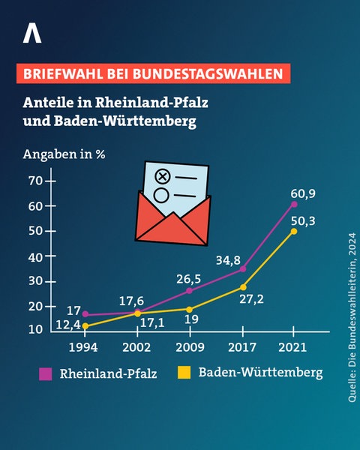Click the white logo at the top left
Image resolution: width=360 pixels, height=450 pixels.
pyautogui.click(x=31, y=34)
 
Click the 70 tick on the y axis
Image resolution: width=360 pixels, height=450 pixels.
pyautogui.click(x=35, y=181)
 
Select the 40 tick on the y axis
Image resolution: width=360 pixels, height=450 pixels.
pyautogui.click(x=35, y=256)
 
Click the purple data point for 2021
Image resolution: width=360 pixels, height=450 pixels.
pyautogui.click(x=294, y=204)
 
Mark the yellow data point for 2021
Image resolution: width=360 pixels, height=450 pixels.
pyautogui.click(x=294, y=231)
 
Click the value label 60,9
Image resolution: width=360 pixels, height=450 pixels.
pyautogui.click(x=302, y=193)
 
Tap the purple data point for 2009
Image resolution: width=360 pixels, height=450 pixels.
pyautogui.click(x=189, y=290)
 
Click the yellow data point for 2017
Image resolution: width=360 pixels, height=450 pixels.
pyautogui.click(x=242, y=286)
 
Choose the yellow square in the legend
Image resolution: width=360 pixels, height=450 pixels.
pyautogui.click(x=183, y=372)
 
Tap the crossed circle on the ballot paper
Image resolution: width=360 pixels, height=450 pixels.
pyautogui.click(x=161, y=177)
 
